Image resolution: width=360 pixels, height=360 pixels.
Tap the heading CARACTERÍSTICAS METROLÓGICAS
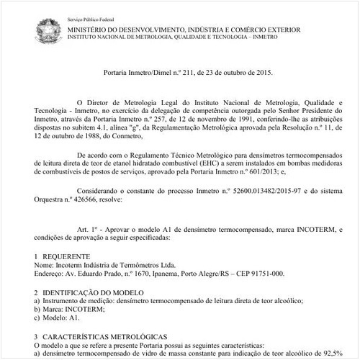point(104,336)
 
